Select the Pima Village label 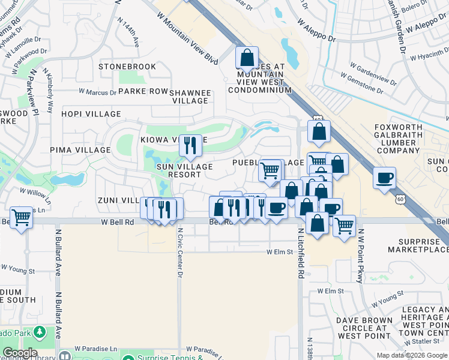pyautogui.click(x=80, y=150)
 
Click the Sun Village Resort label pyautogui.click(x=184, y=170)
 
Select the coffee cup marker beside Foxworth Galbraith pyautogui.click(x=384, y=178)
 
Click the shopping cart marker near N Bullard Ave pyautogui.click(x=22, y=217)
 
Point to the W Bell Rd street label pyautogui.click(x=108, y=222)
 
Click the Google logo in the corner pyautogui.click(x=20, y=353)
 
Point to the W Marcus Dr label pyautogui.click(x=98, y=92)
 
